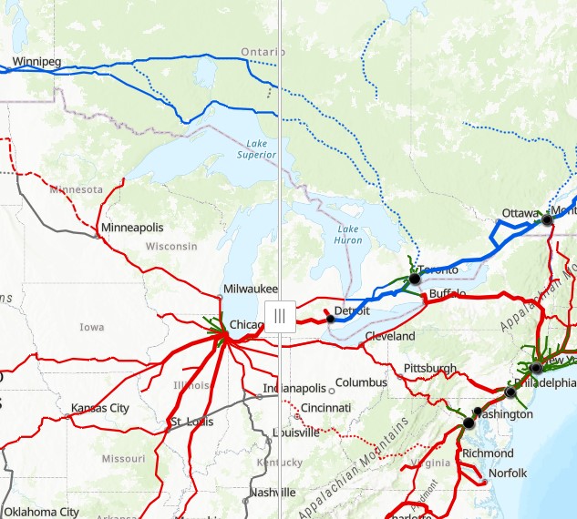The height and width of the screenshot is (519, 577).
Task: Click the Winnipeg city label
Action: coord(36,63)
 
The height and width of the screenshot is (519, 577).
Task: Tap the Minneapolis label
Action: coord(132,227)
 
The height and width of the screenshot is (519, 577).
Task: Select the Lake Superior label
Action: coord(256,149)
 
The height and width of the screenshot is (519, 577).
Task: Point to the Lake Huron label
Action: coord(348,234)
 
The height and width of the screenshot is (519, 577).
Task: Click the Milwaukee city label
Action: coord(250,290)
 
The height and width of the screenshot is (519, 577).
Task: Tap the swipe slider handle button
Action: coord(280,316)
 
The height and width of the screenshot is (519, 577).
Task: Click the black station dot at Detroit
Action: coord(330,320)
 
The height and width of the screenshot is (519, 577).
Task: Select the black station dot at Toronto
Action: coord(415,279)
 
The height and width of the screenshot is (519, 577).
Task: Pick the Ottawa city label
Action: coord(520,213)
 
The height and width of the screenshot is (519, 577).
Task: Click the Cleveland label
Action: coord(389,336)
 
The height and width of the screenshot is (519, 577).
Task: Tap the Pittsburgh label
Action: coord(430,368)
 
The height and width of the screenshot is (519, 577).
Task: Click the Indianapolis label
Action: coord(294,389)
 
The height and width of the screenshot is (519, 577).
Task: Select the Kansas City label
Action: coord(100,407)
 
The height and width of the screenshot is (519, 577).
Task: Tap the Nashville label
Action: coord(273,493)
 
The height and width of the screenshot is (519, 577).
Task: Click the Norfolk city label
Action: coord(508,473)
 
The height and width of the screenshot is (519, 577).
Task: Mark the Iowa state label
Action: coord(92,327)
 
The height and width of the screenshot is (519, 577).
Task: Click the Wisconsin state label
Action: coord(170,247)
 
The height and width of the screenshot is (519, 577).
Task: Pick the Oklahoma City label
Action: coord(44,512)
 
